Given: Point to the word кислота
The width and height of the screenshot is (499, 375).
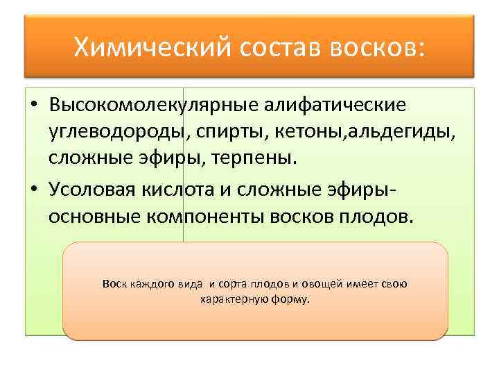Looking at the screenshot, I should click(x=186, y=190).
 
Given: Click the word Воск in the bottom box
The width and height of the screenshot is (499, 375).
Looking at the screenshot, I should click(x=113, y=283).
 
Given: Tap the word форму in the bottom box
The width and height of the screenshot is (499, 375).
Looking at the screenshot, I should click(x=292, y=300).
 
